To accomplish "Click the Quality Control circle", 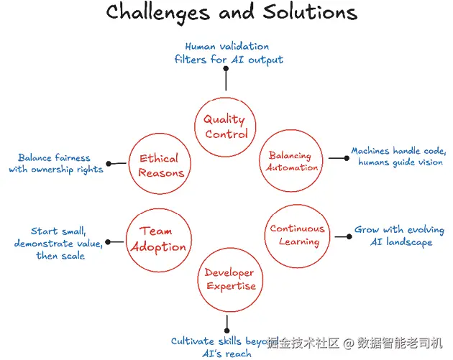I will (x=225, y=127).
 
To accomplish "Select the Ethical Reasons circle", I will (x=160, y=166).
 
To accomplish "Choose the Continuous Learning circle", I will (x=298, y=235).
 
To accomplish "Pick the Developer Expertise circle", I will (x=229, y=280).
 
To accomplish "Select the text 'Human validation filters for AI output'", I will (x=228, y=53).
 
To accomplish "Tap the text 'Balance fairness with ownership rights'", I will (x=56, y=163).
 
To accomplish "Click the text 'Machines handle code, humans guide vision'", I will (x=398, y=157).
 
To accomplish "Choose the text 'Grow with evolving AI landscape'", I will (x=399, y=236).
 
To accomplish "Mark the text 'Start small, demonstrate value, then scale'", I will (x=59, y=243).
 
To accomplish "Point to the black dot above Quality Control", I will (x=226, y=69).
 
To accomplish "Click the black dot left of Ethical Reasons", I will (x=108, y=164).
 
